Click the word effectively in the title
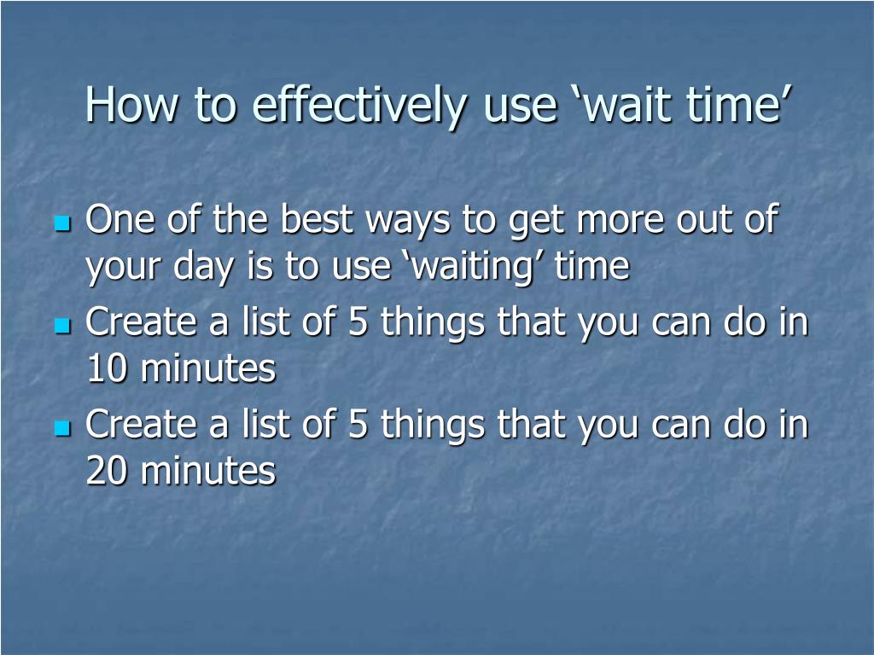(x=359, y=106)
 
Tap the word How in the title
(x=132, y=104)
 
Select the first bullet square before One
(x=62, y=223)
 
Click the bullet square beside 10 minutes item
(x=62, y=326)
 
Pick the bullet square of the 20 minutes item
(x=62, y=428)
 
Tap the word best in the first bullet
(x=317, y=218)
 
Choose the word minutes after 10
(x=208, y=368)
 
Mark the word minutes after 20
(x=208, y=471)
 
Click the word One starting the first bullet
(x=120, y=219)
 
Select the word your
(x=123, y=270)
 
